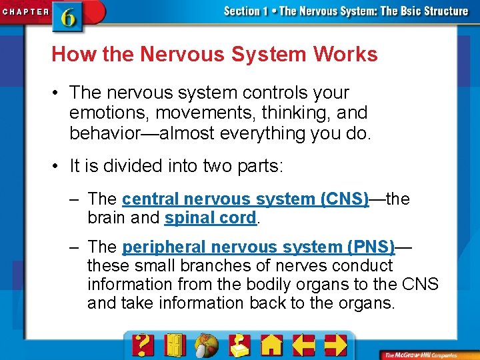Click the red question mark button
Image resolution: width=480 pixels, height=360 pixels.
143,344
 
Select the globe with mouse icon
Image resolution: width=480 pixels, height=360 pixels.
207,345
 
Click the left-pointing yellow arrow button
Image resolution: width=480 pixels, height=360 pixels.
304,344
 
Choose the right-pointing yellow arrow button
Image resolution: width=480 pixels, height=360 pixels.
335,344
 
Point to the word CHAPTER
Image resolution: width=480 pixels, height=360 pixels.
25,11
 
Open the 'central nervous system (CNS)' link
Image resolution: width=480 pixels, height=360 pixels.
245,199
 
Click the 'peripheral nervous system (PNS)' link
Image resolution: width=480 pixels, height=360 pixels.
259,247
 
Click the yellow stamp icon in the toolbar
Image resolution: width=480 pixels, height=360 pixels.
239,344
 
